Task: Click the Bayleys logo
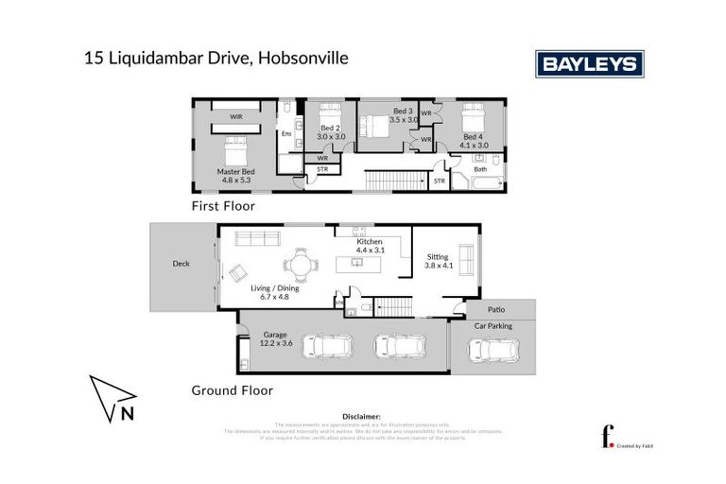(x=590, y=63)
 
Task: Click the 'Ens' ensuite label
(x=286, y=134)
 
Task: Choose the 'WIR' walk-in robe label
(x=233, y=117)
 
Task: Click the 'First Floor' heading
(x=223, y=205)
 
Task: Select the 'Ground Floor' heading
(x=232, y=389)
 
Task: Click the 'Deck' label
(x=181, y=264)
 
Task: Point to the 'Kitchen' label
(x=370, y=243)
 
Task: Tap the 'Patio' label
(x=496, y=309)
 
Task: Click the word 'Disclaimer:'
(x=362, y=416)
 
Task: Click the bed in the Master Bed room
(x=234, y=148)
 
